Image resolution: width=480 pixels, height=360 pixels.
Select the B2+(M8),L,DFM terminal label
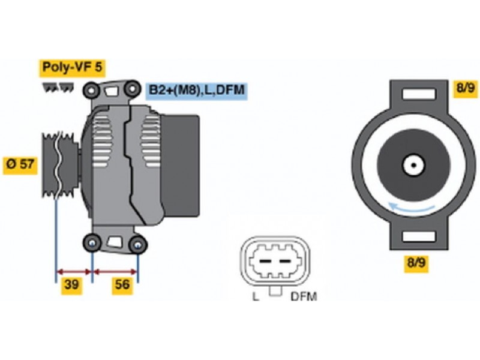[197, 90]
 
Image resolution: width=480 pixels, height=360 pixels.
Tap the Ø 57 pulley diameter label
[20, 163]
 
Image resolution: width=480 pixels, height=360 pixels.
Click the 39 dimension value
[72, 286]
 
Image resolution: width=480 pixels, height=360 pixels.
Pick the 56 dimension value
[122, 286]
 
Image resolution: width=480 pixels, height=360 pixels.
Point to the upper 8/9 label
[465, 88]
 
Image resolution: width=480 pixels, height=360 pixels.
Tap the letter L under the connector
[256, 296]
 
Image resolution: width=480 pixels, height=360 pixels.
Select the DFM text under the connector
[303, 296]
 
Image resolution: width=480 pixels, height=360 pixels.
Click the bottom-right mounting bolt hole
[138, 244]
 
